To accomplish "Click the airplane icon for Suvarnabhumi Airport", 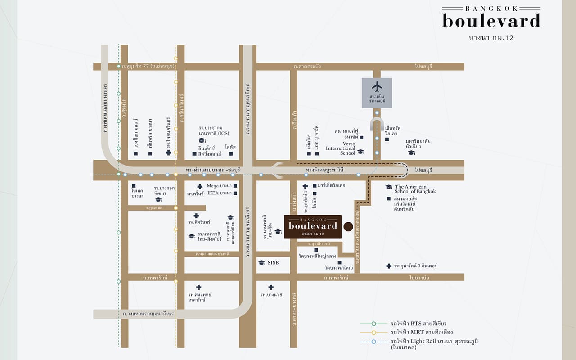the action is [377, 86].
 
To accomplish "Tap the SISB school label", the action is [274, 262].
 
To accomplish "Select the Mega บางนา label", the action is [219, 186].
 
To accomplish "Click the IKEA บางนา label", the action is [219, 193].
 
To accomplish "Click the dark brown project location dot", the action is [348, 226].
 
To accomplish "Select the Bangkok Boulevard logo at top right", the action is [491, 20].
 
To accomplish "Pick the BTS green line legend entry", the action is [418, 324].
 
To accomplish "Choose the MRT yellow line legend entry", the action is [418, 332].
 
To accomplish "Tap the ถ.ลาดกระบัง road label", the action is [307, 67].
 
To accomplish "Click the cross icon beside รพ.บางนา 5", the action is [271, 287].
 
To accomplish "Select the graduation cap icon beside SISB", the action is [261, 262].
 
